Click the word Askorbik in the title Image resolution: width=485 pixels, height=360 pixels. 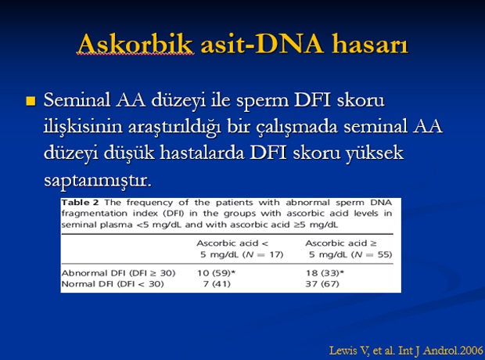click(x=135, y=44)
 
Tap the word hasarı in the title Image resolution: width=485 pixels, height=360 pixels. click(x=370, y=44)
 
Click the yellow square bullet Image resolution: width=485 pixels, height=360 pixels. click(x=31, y=101)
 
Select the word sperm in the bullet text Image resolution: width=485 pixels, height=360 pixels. click(x=263, y=101)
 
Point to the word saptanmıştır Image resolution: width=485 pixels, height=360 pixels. click(x=98, y=181)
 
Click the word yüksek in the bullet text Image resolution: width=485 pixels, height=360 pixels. click(x=375, y=153)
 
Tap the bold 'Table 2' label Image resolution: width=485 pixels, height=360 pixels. click(x=80, y=203)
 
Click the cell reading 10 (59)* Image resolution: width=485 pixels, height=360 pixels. click(x=217, y=273)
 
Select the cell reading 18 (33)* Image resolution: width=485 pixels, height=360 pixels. click(x=325, y=273)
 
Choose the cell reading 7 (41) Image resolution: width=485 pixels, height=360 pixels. click(x=217, y=284)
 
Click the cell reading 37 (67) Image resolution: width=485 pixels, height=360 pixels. click(x=322, y=284)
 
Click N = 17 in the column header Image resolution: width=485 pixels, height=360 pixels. click(x=263, y=255)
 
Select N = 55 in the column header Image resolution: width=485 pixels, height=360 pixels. click(x=372, y=255)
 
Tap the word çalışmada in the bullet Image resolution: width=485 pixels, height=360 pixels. click(x=297, y=127)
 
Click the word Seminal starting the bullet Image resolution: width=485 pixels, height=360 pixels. click(x=77, y=100)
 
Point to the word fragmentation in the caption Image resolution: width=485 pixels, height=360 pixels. click(x=95, y=214)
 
